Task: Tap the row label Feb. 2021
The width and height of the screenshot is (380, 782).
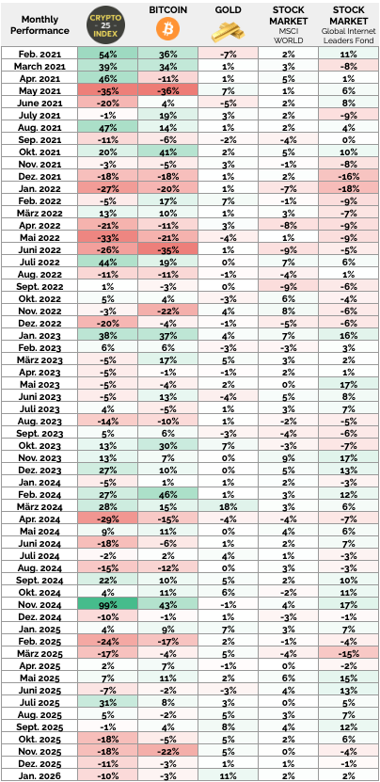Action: click(x=39, y=55)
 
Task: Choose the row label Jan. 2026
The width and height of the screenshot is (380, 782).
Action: click(x=39, y=774)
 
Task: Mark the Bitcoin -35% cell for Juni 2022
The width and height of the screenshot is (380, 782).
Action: click(x=168, y=250)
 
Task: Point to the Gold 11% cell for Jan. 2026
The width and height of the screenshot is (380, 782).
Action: click(x=228, y=774)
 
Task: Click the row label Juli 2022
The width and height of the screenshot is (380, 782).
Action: click(x=39, y=263)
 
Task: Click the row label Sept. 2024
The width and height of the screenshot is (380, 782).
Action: click(x=39, y=555)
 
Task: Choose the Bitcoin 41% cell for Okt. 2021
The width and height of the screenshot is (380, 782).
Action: click(x=168, y=152)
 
